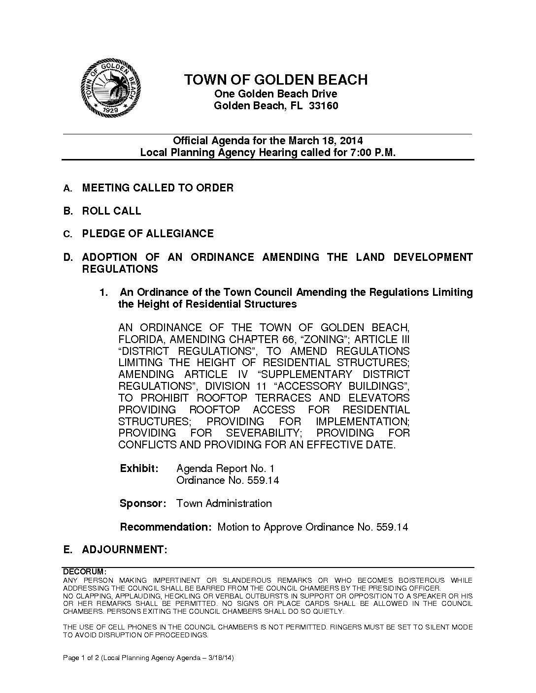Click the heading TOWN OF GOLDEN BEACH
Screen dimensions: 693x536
275,80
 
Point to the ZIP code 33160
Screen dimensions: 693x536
323,106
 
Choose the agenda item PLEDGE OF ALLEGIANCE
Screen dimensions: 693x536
148,234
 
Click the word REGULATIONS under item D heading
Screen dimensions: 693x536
120,269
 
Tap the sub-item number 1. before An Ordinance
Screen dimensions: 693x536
103,292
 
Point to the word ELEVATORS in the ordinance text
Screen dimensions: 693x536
379,398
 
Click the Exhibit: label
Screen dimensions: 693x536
139,468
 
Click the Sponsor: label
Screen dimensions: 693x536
142,504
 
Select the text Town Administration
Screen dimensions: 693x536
224,504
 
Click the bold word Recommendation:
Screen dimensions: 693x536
166,527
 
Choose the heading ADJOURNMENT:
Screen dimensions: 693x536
125,550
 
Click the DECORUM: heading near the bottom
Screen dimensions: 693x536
84,572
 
